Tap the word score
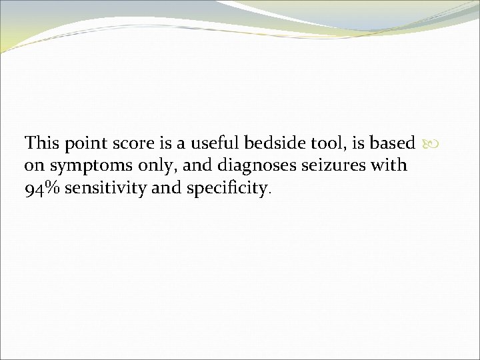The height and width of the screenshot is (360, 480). click(x=124, y=144)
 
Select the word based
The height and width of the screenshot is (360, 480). click(x=393, y=143)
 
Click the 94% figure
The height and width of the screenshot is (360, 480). click(x=41, y=189)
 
